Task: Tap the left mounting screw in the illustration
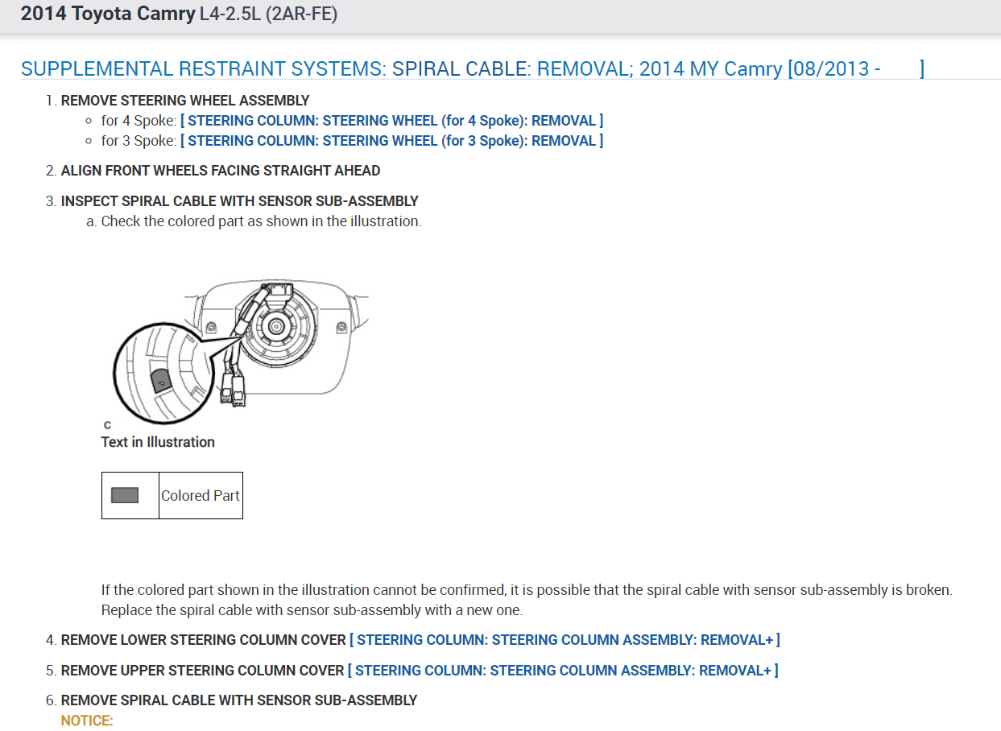point(210,328)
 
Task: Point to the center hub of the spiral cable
point(276,326)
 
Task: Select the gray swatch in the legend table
point(125,495)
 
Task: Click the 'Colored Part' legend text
point(201,496)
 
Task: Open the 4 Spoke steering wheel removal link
point(391,121)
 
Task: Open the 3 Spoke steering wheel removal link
point(391,141)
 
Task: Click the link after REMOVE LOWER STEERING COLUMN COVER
point(565,640)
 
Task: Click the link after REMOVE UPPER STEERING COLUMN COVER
point(563,671)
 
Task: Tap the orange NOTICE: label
point(87,721)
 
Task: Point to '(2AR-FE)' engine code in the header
point(300,14)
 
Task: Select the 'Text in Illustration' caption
point(158,442)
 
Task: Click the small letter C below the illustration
point(107,425)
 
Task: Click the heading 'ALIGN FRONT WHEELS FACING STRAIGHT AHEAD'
point(221,171)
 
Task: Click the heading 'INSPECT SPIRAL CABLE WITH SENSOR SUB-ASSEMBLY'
point(240,201)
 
